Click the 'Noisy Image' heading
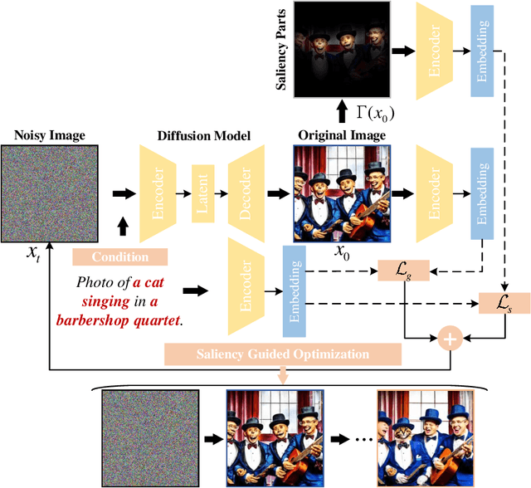tap(50, 136)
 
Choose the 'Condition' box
tap(120, 256)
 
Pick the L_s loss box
tap(502, 304)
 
